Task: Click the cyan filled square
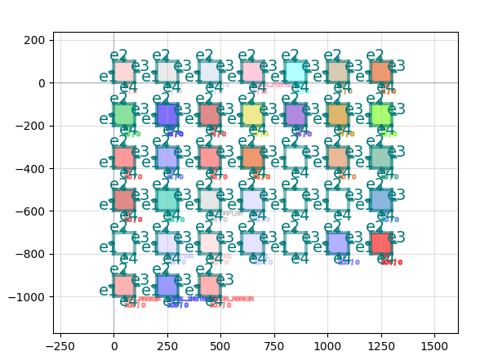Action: (295, 72)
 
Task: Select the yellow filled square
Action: (252, 114)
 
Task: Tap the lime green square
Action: (380, 114)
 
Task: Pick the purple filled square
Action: (295, 114)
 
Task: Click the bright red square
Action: (380, 242)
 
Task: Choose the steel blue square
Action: (380, 200)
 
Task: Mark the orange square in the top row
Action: (380, 72)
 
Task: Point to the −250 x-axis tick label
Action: (59, 346)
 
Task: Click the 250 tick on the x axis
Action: (167, 346)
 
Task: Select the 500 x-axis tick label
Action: (220, 346)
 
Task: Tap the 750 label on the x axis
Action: (273, 346)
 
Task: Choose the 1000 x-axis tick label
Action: (327, 346)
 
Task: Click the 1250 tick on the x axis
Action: (380, 346)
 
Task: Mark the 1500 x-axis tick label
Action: (434, 346)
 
